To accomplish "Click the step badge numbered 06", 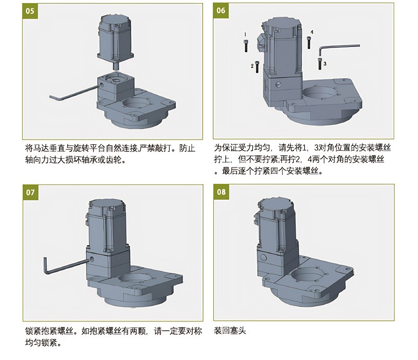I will tap(221, 11).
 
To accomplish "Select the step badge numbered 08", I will tap(221, 192).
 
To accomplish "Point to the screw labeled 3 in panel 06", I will tap(320, 63).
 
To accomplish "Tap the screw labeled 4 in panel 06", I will tap(308, 42).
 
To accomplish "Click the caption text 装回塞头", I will tap(230, 331).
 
